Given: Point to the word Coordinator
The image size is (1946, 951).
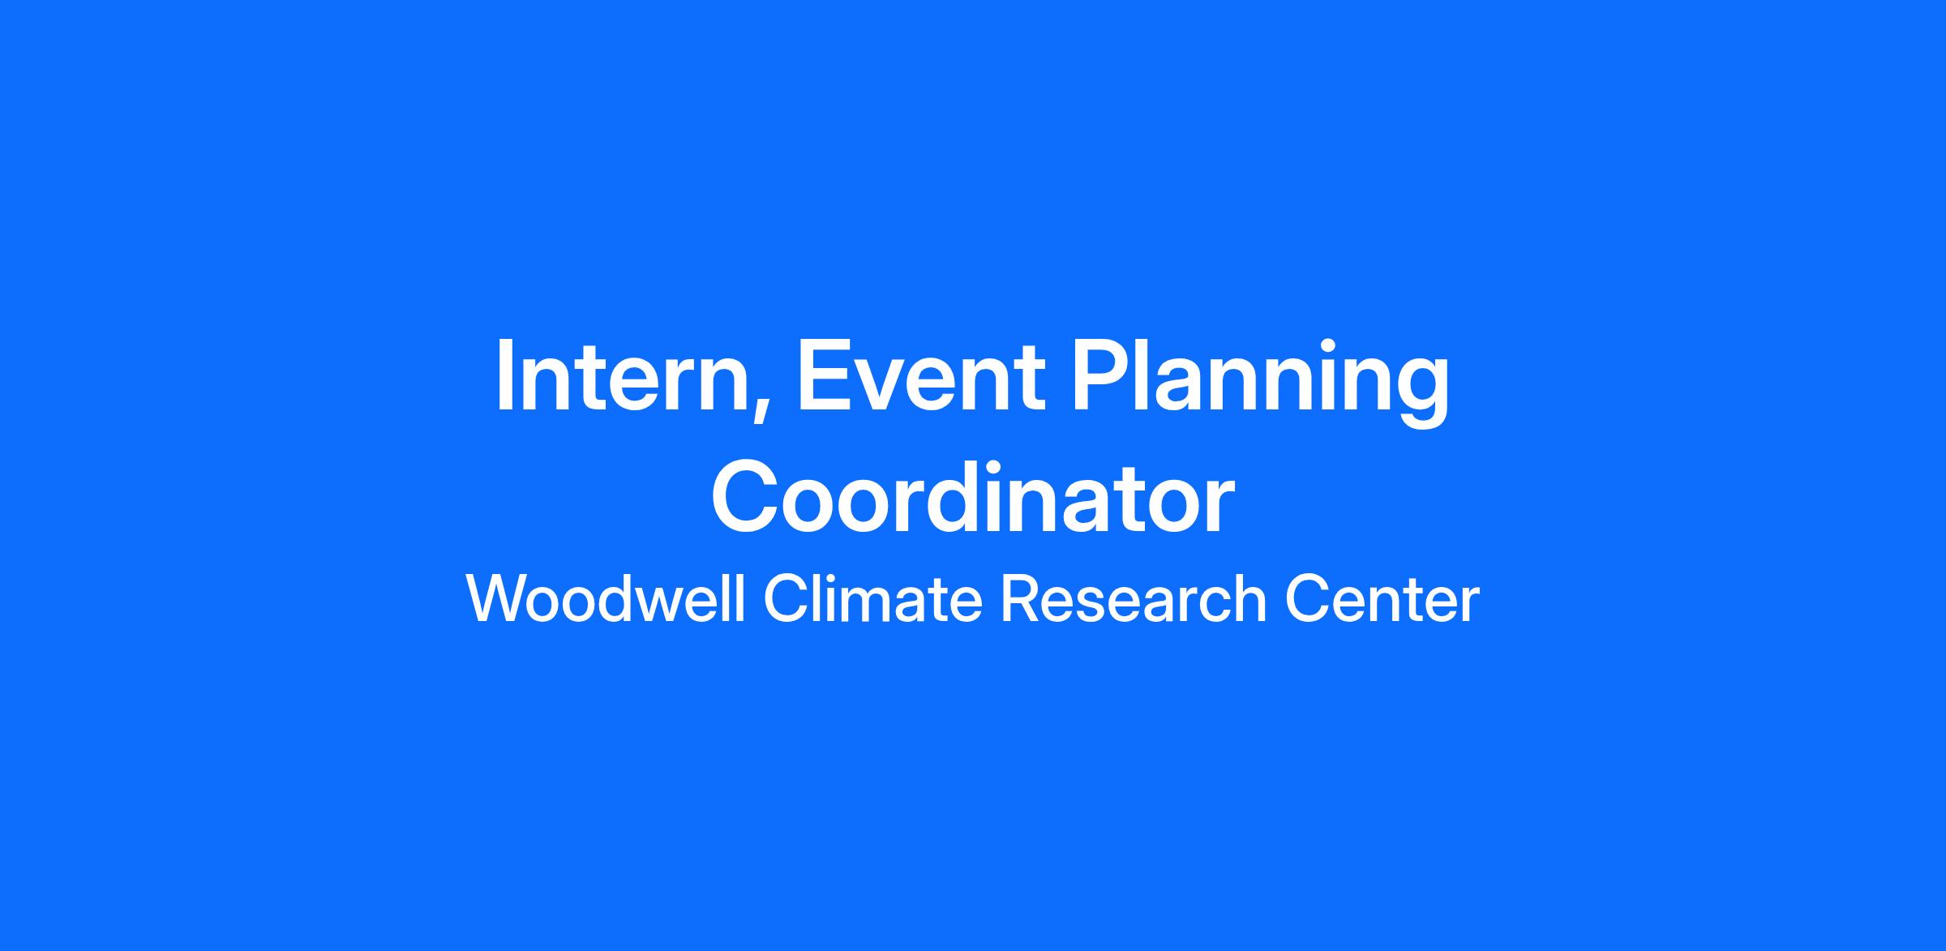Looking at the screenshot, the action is tap(973, 496).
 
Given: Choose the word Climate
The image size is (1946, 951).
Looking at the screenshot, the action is tap(872, 599).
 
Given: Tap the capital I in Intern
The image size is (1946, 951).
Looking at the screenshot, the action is tap(504, 376).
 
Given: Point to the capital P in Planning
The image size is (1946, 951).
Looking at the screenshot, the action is tap(1103, 376).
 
